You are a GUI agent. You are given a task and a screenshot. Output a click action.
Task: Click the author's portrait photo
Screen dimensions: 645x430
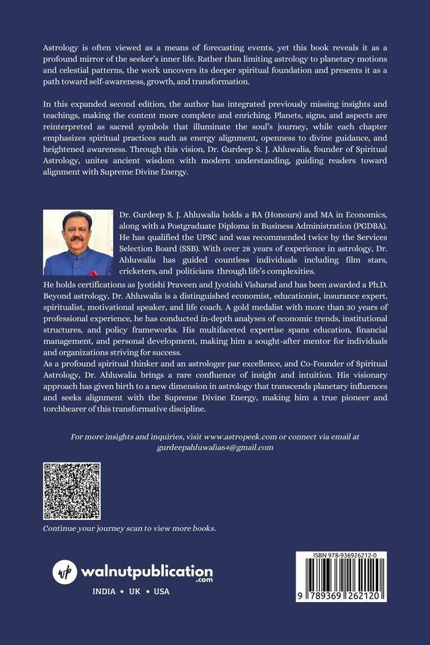[78, 243]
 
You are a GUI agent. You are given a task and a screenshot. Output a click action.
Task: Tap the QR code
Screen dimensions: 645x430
[72, 490]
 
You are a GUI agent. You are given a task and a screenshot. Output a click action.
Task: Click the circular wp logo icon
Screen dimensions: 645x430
[65, 572]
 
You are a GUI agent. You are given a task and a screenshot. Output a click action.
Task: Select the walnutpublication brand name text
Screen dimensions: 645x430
[146, 571]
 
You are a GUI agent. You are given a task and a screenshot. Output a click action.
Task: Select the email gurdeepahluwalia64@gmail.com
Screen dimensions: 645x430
[214, 447]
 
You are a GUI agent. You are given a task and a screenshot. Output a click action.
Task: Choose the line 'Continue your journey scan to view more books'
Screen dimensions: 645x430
[130, 529]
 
